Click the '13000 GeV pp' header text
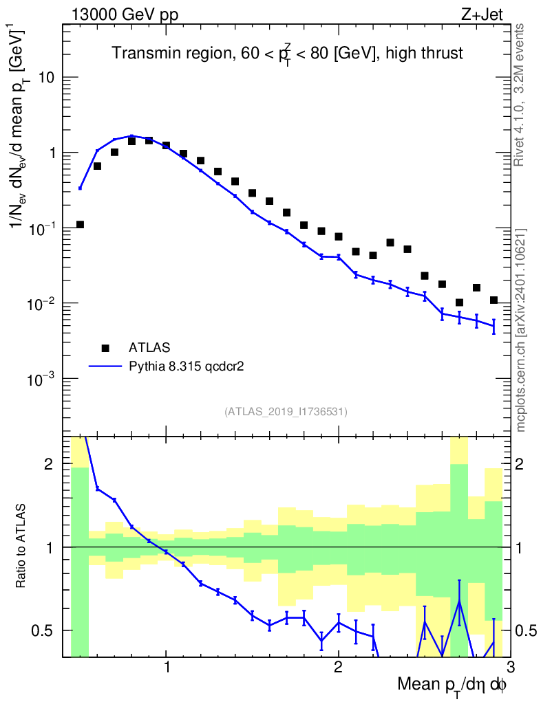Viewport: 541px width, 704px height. pyautogui.click(x=124, y=14)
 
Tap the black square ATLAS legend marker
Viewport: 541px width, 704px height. pyautogui.click(x=105, y=348)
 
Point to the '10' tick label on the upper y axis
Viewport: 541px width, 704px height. pyautogui.click(x=46, y=78)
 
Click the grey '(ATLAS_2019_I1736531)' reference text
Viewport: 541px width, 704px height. pyautogui.click(x=286, y=412)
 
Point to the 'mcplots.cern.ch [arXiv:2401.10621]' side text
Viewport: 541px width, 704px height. pyautogui.click(x=521, y=329)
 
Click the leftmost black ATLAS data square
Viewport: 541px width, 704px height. pyautogui.click(x=80, y=225)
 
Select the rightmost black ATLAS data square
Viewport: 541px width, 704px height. pyautogui.click(x=494, y=300)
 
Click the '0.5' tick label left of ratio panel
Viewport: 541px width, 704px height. pyautogui.click(x=45, y=630)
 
